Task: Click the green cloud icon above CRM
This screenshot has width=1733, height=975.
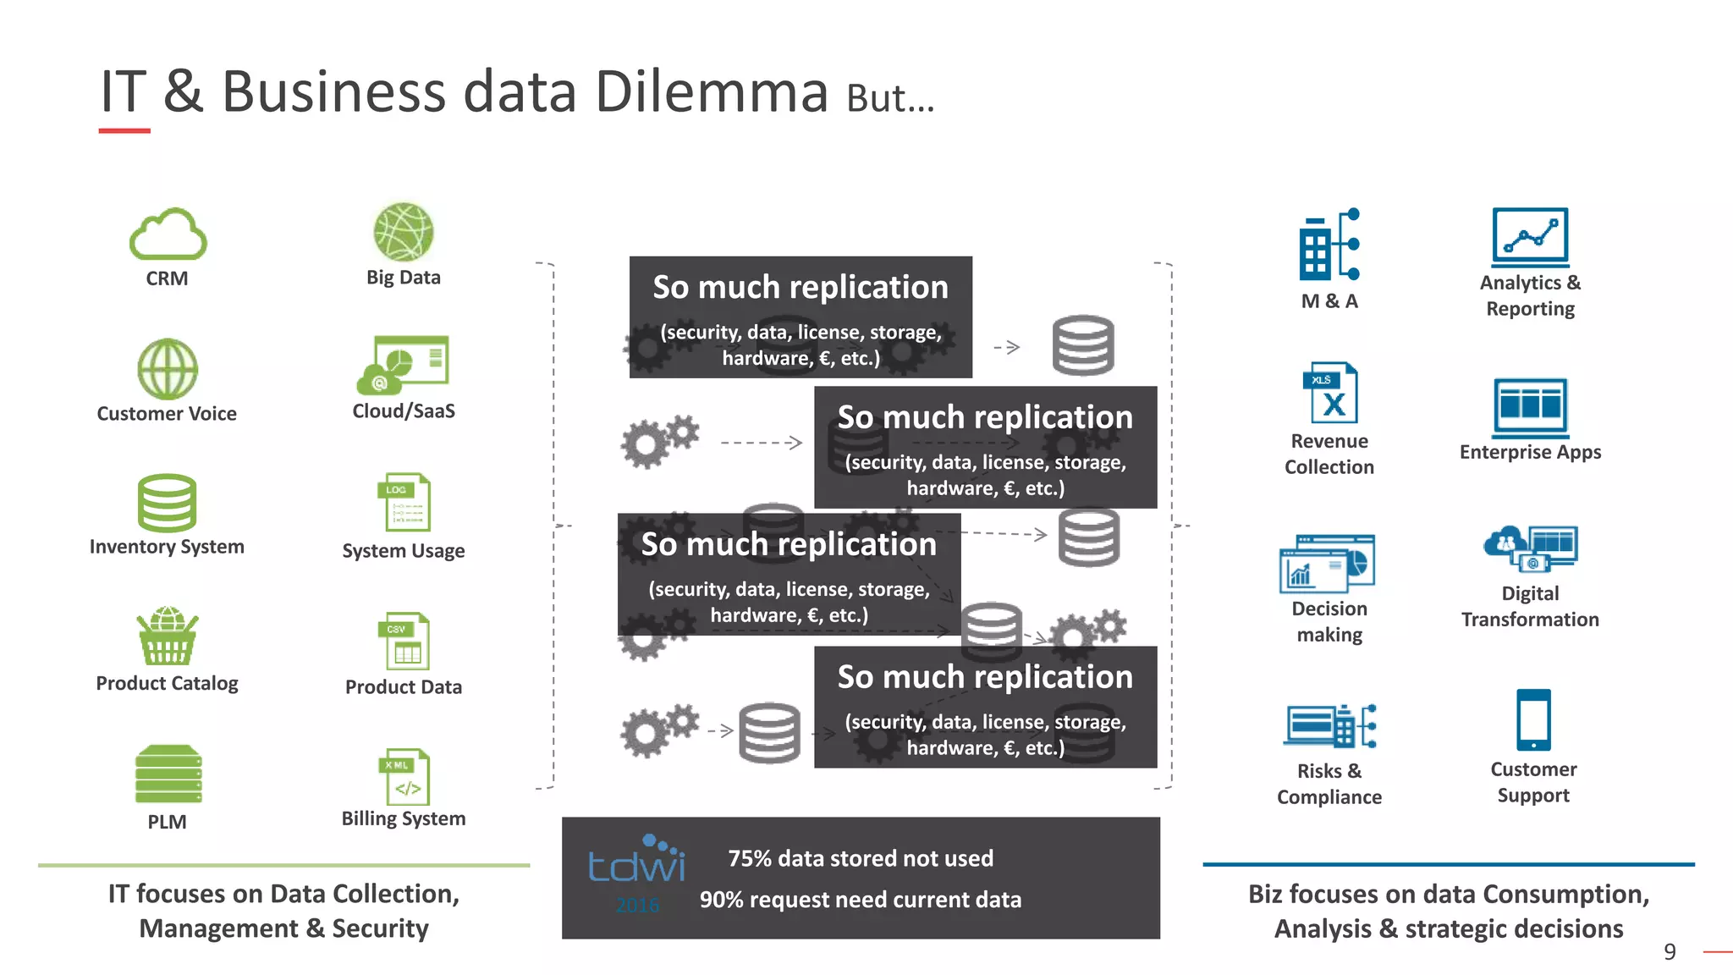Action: [x=168, y=234]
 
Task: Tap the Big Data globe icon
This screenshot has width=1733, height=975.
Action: [x=404, y=232]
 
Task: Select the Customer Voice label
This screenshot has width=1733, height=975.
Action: [x=167, y=414]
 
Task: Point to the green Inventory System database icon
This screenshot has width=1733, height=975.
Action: [x=167, y=503]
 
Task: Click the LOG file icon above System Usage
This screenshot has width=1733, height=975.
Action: [x=404, y=502]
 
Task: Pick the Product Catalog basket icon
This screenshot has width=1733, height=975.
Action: [x=168, y=636]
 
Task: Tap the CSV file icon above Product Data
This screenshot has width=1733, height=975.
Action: [x=404, y=642]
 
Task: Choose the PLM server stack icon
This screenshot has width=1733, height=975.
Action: [x=168, y=774]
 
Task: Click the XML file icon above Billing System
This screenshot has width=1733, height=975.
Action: [x=404, y=776]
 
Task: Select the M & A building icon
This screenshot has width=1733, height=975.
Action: [x=1329, y=245]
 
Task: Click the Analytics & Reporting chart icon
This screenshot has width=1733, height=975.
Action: [x=1530, y=237]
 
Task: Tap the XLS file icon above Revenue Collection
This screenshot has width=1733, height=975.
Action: [x=1329, y=393]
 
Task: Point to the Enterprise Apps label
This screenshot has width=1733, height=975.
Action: [x=1530, y=452]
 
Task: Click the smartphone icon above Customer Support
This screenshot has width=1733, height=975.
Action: [x=1533, y=720]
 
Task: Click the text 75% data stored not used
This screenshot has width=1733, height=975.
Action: [x=861, y=858]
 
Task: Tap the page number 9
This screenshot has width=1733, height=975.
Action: [x=1670, y=952]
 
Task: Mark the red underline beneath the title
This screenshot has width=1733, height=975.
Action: [x=124, y=131]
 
